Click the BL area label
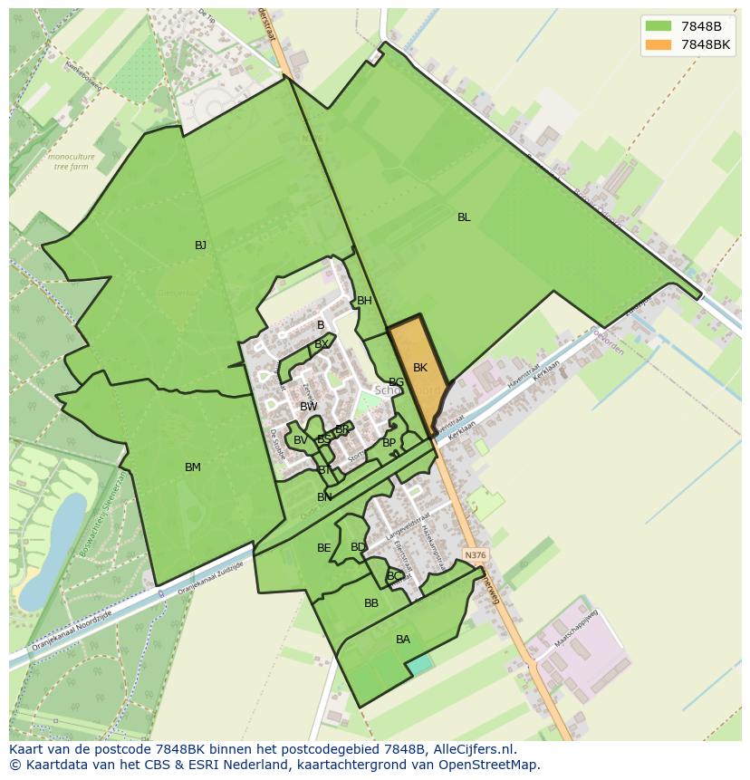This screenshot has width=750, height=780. click(x=464, y=217)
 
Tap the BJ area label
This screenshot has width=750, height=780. click(x=200, y=246)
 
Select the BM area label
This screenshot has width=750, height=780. click(x=193, y=467)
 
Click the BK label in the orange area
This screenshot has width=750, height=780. click(x=419, y=368)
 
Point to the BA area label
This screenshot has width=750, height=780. click(x=403, y=640)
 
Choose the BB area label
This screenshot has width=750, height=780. click(x=371, y=603)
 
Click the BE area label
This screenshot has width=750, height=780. click(x=323, y=548)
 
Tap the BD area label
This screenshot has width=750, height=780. click(x=358, y=547)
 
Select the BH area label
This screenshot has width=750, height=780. click(x=364, y=301)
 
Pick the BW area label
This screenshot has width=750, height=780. click(x=309, y=407)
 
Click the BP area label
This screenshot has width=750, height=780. click(x=389, y=443)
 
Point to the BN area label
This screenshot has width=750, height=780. click(x=324, y=497)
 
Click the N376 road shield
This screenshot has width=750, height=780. click(x=473, y=554)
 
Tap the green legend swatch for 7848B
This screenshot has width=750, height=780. click(x=659, y=26)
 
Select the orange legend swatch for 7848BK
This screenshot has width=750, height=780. click(x=659, y=44)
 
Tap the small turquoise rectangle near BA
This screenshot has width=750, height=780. click(x=419, y=665)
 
